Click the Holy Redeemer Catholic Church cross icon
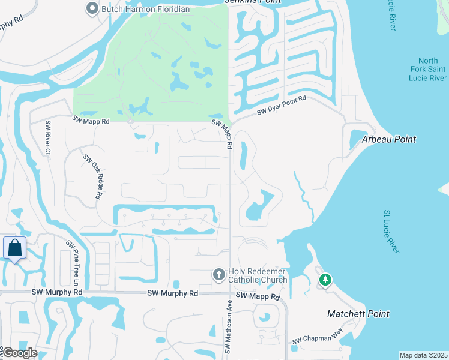[x=219, y=275]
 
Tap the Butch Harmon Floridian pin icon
[x=92, y=9]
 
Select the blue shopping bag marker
[x=14, y=248]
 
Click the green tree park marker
[x=325, y=280]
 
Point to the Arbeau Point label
[x=388, y=139]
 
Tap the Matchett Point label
[x=358, y=314]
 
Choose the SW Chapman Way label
[x=317, y=339]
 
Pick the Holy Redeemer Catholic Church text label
[x=258, y=275]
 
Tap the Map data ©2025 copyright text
[x=423, y=355]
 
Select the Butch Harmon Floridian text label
[x=146, y=9]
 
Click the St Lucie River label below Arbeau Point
[x=391, y=232]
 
